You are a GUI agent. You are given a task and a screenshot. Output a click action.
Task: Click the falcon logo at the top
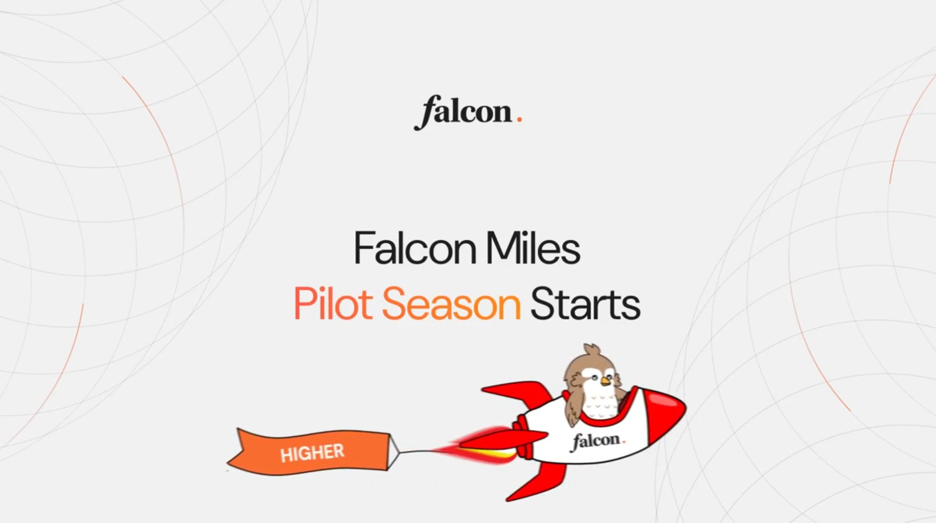[x=468, y=113]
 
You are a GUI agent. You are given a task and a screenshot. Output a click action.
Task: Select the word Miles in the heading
[x=533, y=248]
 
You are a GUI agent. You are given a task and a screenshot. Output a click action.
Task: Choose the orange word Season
[x=451, y=304]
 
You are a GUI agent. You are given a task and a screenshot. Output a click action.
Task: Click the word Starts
[x=585, y=304]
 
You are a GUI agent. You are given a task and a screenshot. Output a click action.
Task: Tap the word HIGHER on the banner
[x=312, y=453]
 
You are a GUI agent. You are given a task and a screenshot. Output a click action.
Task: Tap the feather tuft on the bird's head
[x=592, y=350]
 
